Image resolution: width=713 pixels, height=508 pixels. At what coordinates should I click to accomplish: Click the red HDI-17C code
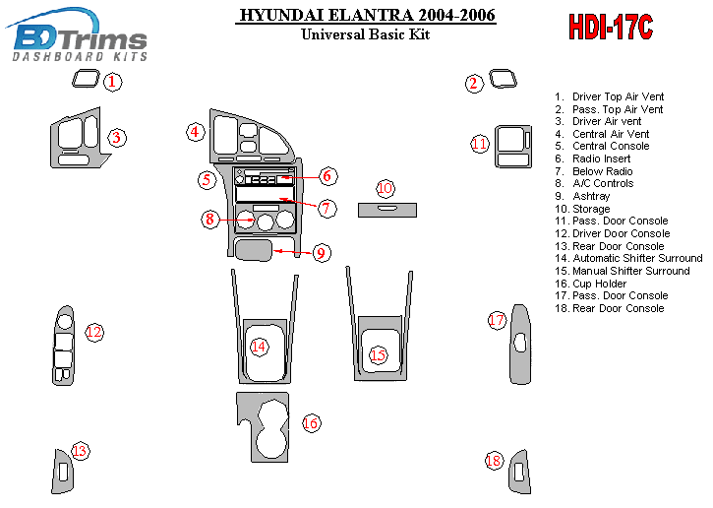(x=610, y=28)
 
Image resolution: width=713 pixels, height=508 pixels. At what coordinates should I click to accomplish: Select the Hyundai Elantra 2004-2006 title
(x=367, y=16)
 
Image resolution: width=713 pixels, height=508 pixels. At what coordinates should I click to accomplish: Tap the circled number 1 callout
(x=114, y=82)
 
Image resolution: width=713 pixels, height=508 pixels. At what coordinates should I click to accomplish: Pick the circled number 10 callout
(x=386, y=187)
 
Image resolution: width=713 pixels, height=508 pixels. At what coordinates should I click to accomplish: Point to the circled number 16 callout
(x=311, y=423)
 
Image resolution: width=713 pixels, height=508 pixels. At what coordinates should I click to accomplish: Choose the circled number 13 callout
(x=80, y=451)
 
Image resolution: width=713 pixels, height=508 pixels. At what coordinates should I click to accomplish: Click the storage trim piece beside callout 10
(x=386, y=208)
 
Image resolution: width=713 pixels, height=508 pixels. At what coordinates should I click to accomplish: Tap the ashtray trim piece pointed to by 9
(x=254, y=250)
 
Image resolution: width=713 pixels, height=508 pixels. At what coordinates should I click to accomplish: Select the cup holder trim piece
(x=261, y=424)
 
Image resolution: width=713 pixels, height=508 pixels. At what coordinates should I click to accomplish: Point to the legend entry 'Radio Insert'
(x=601, y=159)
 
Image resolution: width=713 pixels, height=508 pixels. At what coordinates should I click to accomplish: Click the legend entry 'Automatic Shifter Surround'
(x=637, y=258)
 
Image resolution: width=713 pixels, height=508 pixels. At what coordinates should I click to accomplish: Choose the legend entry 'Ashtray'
(x=590, y=196)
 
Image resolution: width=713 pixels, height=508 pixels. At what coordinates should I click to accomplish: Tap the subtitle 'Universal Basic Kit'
(x=367, y=34)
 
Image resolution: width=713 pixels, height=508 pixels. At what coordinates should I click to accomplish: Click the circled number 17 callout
(x=497, y=320)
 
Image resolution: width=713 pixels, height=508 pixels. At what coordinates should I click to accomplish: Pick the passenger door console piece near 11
(x=510, y=148)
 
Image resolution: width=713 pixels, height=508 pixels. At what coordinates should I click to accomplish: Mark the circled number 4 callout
(x=196, y=131)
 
